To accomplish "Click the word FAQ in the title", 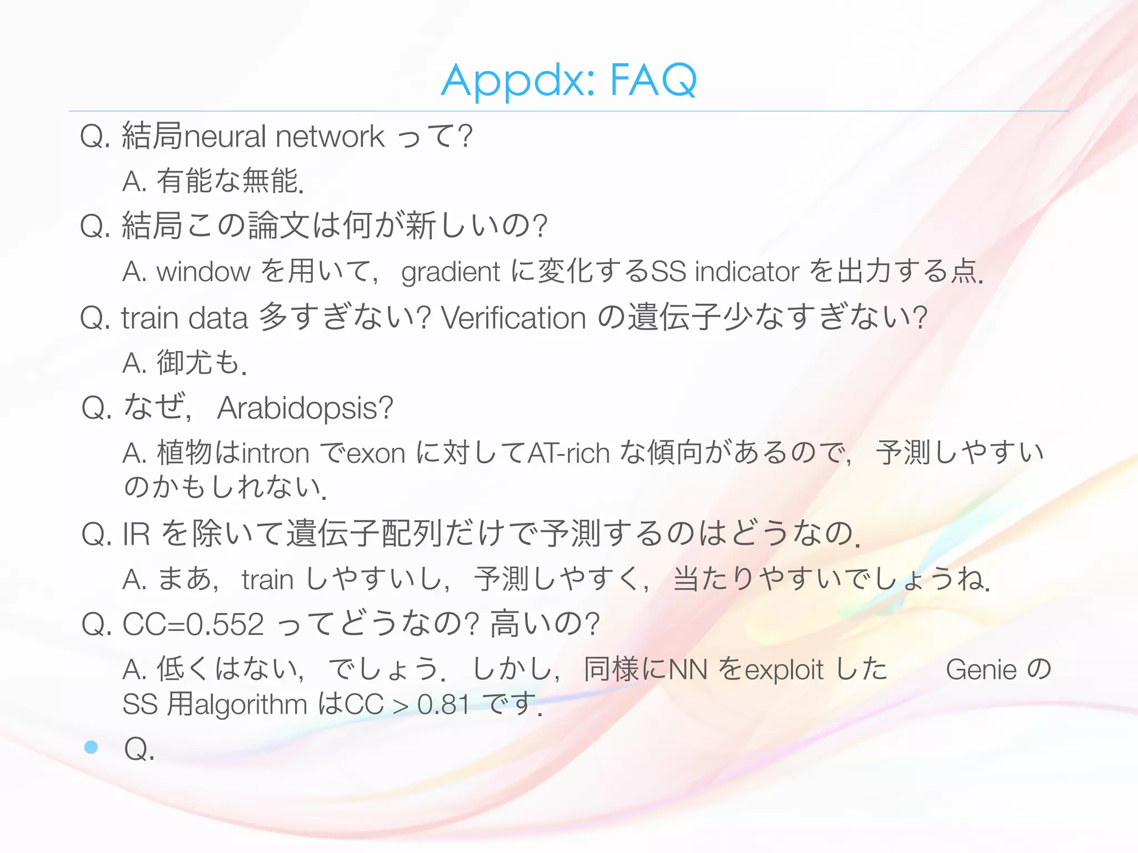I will [653, 81].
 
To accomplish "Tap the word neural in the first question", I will [225, 137].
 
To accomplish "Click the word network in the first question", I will [330, 137].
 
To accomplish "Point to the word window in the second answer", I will [203, 272].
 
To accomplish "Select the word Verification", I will [513, 318].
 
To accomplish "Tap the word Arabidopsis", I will [305, 409].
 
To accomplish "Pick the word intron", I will [276, 454].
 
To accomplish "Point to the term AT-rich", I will [568, 454].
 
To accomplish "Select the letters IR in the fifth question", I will [136, 534].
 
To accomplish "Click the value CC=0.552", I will [193, 624].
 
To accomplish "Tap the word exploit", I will [783, 670].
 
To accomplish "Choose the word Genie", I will [981, 670].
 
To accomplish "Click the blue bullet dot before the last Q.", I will [91, 747].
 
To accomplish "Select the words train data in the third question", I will [184, 318].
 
